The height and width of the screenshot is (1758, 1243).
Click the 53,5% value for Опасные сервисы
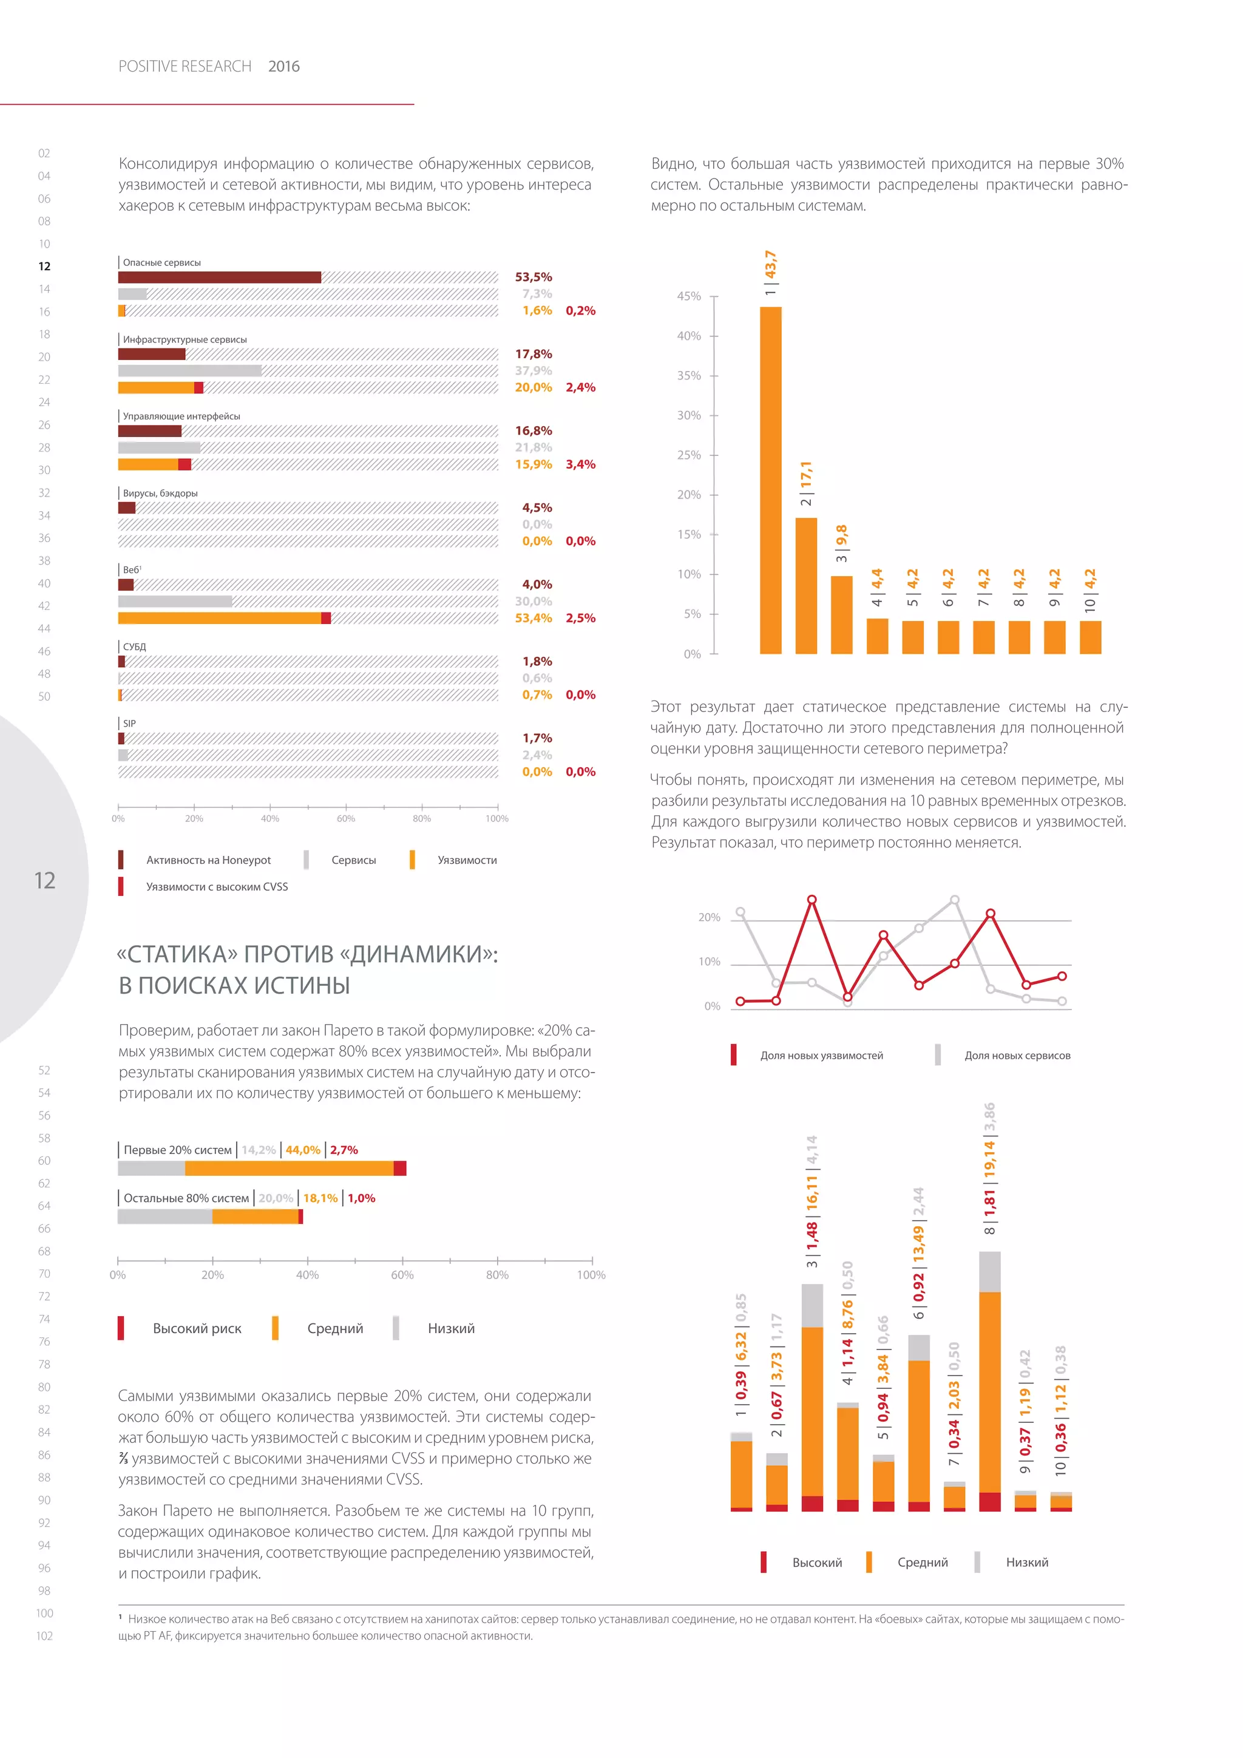[533, 277]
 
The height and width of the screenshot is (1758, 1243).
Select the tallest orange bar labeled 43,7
[770, 480]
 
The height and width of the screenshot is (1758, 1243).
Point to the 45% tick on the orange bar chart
[689, 296]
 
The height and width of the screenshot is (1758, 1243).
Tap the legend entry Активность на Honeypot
[208, 860]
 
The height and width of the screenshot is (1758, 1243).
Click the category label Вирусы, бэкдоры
[160, 493]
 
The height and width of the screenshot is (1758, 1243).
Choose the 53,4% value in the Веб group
[533, 618]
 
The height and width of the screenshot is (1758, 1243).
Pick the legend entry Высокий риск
[197, 1328]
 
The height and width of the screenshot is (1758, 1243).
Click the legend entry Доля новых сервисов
[1017, 1055]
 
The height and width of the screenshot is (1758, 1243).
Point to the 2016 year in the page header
[284, 67]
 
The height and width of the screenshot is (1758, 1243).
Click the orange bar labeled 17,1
[806, 586]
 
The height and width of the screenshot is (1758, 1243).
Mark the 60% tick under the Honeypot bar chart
[346, 818]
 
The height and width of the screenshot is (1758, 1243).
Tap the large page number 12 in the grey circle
[44, 881]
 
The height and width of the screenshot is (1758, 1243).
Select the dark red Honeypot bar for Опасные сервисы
[220, 277]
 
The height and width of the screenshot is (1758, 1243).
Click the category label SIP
[129, 724]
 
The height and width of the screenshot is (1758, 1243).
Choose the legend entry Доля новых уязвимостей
[821, 1055]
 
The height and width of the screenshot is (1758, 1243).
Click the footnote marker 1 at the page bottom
[121, 1618]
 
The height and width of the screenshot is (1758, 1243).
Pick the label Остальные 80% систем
[186, 1198]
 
